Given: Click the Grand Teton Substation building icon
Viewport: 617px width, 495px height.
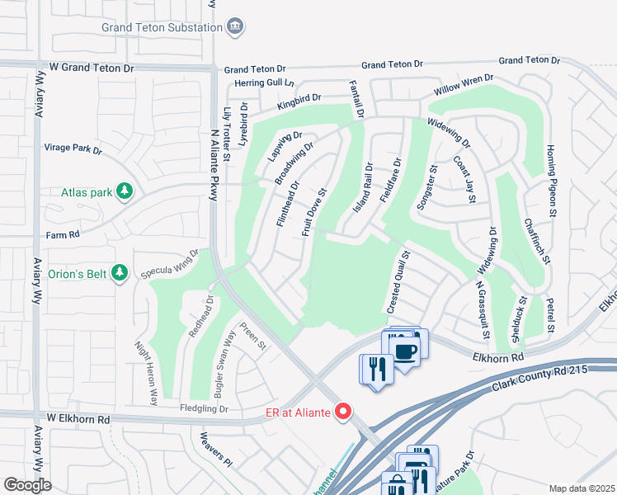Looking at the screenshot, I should click(x=235, y=26).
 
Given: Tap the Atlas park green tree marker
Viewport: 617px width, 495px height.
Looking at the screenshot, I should click(x=125, y=192).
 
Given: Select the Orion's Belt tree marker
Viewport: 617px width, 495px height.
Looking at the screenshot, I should click(x=120, y=271).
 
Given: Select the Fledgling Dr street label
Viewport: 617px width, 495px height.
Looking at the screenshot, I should click(x=180, y=408).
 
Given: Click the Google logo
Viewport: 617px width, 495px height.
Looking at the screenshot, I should click(x=27, y=485).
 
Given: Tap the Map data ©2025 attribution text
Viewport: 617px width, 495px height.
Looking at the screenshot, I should click(x=582, y=488).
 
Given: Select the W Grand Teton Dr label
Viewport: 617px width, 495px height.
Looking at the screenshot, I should click(x=90, y=66).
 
